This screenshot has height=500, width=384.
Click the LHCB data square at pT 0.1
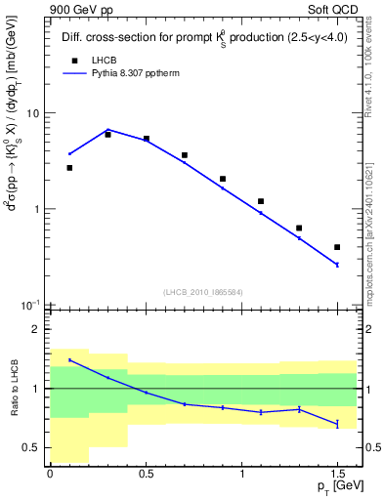(69, 168)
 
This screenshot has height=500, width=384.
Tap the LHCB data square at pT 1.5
(337, 247)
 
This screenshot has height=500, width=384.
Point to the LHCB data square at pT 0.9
(223, 179)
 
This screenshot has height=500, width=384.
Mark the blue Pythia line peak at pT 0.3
(107, 129)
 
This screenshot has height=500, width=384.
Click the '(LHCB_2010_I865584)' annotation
(202, 292)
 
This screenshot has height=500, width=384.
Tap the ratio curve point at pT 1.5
(337, 424)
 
